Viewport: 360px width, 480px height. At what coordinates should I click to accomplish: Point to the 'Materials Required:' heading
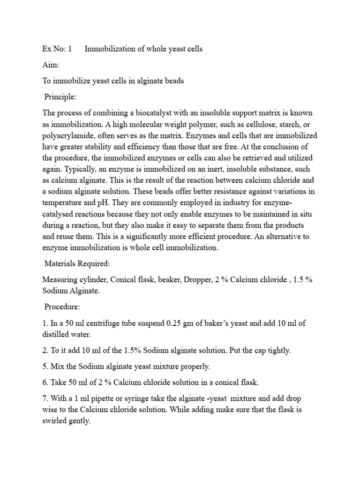[x=77, y=264]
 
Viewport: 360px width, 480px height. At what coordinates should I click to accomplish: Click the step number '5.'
[x=45, y=367]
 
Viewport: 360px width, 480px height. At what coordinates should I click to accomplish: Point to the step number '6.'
[x=45, y=382]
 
